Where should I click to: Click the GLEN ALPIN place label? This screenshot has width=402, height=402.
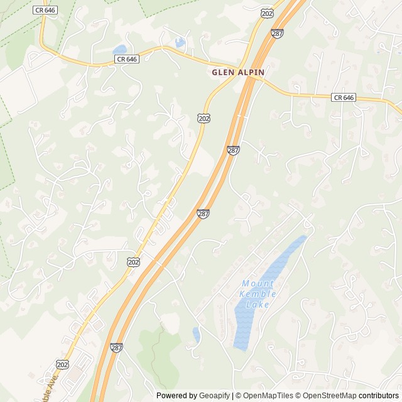pyautogui.click(x=238, y=72)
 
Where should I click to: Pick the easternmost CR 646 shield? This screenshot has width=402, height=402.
pyautogui.click(x=344, y=97)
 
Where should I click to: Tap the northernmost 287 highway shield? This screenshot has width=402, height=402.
pyautogui.click(x=277, y=33)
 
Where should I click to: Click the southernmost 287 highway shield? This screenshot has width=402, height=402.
pyautogui.click(x=116, y=347)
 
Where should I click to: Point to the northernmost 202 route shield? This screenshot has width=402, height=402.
pyautogui.click(x=268, y=13)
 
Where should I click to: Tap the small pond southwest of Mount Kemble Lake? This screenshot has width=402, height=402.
pyautogui.click(x=197, y=334)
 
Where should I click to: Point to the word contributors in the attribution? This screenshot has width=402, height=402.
pyautogui.click(x=379, y=396)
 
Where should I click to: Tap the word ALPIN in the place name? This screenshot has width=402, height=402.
pyautogui.click(x=251, y=72)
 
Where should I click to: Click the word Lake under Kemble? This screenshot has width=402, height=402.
pyautogui.click(x=258, y=305)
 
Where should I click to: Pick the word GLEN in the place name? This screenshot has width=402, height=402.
pyautogui.click(x=223, y=72)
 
